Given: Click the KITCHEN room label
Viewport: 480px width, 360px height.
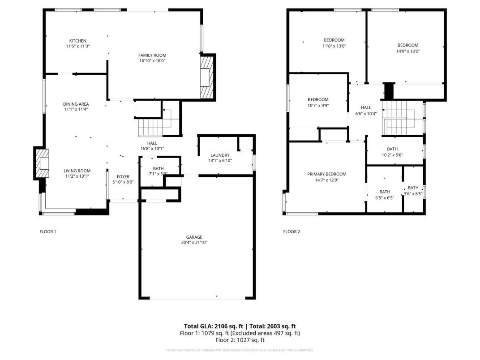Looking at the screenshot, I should tap(77, 41).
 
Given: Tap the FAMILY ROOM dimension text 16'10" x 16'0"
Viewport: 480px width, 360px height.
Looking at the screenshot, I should tap(152, 61).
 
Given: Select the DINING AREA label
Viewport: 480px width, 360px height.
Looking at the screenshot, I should tap(76, 104).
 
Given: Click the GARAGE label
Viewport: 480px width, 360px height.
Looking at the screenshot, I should tap(194, 237).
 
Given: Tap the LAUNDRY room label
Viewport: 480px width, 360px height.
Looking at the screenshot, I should tap(220, 155).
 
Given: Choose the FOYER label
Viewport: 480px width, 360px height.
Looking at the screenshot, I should tap(123, 177).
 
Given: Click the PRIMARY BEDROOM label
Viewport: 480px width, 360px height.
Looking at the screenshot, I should tap(326, 174).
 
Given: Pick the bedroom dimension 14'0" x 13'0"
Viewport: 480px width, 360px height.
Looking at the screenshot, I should tap(407, 51).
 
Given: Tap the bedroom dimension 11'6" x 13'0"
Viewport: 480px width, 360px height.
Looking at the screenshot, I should tap(334, 46).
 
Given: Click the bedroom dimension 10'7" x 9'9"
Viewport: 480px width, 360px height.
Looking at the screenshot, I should tap(318, 105).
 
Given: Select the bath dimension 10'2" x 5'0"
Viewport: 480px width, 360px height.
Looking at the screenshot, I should tap(392, 155).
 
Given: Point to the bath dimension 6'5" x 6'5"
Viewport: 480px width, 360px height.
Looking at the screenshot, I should tap(385, 197).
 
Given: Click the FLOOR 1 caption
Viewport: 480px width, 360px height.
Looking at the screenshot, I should tap(48, 231).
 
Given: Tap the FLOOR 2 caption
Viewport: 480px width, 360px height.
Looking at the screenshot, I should tap(291, 231).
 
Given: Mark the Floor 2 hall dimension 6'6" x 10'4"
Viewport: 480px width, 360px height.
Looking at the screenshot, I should tap(366, 113).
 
